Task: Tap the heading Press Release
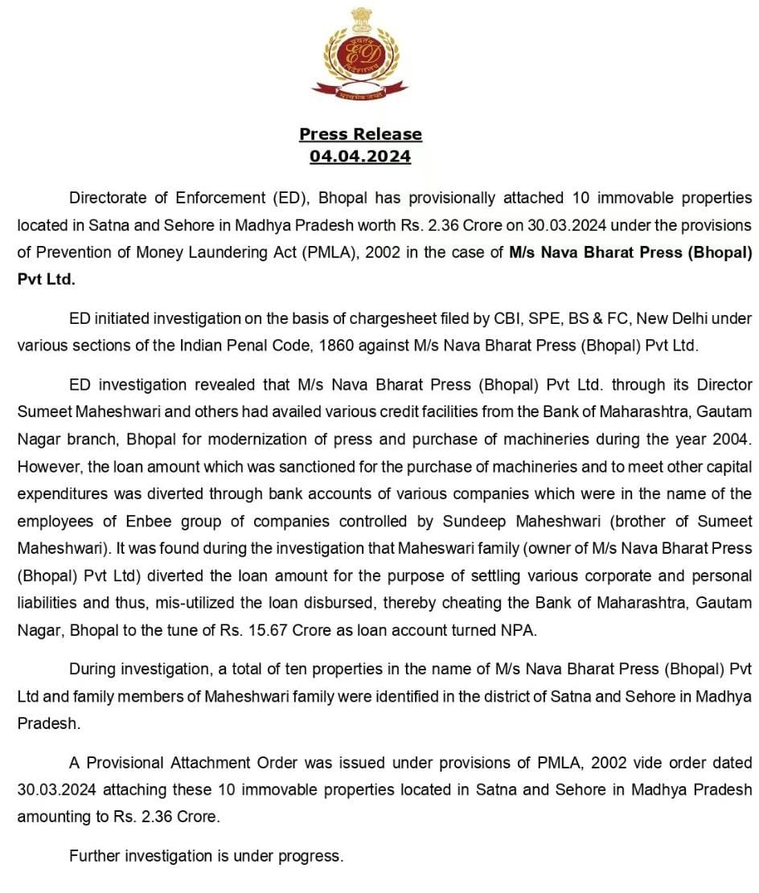[360, 134]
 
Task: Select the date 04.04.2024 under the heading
[360, 156]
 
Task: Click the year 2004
[733, 439]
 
